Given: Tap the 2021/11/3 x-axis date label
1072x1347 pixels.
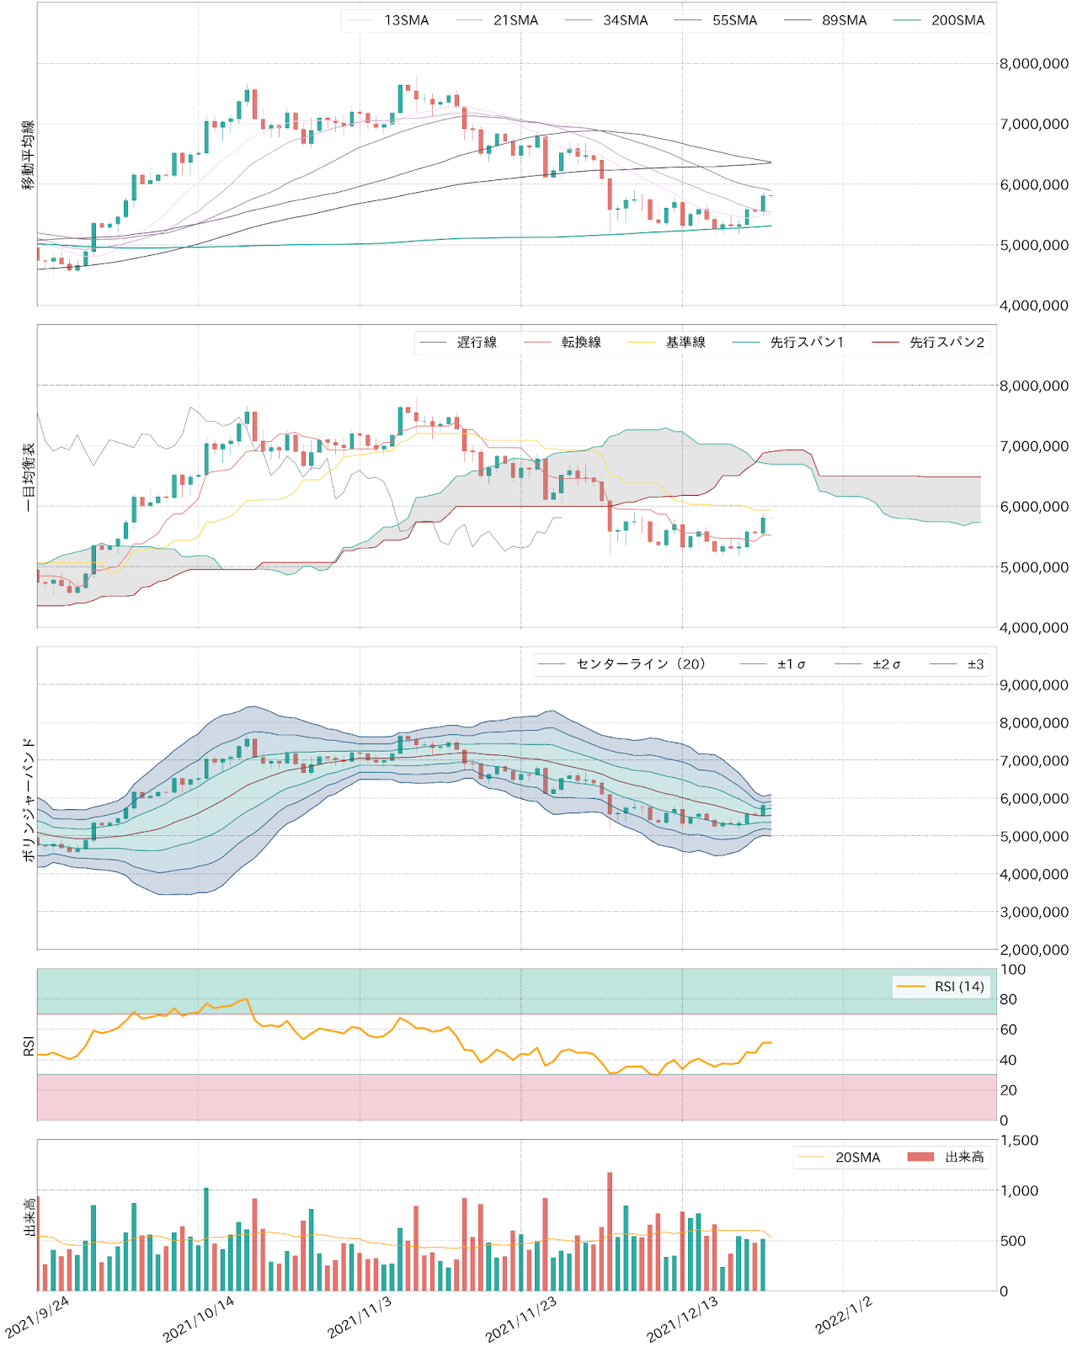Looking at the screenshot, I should pyautogui.click(x=360, y=1318).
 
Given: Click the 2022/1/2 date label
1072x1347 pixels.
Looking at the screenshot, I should pyautogui.click(x=843, y=1316).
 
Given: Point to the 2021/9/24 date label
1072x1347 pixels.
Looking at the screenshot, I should pyautogui.click(x=38, y=1318).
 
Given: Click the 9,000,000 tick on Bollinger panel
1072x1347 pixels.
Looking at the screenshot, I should pyautogui.click(x=1033, y=685).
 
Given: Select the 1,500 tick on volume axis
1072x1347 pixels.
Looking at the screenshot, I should pyautogui.click(x=1018, y=1141).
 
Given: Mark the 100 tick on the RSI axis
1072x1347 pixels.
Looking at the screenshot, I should pyautogui.click(x=1013, y=970).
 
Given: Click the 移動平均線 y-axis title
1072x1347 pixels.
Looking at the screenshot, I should pyautogui.click(x=29, y=155).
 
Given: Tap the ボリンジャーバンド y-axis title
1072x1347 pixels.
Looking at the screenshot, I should pyautogui.click(x=29, y=800).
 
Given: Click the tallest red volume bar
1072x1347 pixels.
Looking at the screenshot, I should pyautogui.click(x=610, y=1229).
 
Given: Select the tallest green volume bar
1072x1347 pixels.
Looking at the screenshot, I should pyautogui.click(x=206, y=1238).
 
